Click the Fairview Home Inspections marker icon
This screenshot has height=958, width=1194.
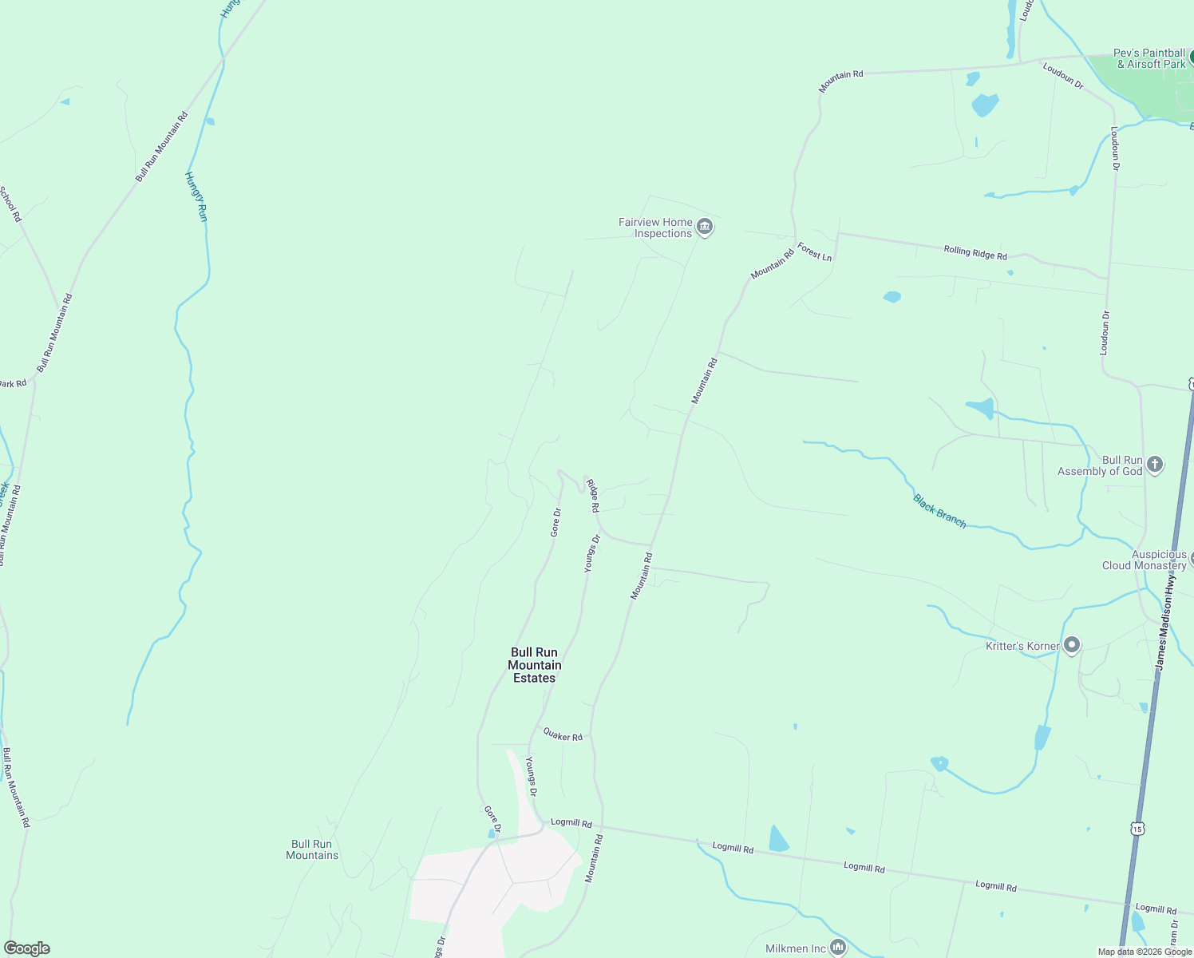click(705, 228)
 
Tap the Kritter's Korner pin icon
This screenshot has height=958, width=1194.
click(1072, 645)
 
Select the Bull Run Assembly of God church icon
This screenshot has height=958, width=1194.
click(1154, 465)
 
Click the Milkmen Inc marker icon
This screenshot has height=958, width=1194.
click(837, 948)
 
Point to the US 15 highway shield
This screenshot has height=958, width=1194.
click(1137, 829)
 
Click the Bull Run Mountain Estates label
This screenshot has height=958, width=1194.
click(535, 665)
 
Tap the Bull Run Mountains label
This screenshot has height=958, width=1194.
click(312, 849)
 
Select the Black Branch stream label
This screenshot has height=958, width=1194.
click(939, 511)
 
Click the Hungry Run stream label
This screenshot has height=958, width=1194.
click(196, 196)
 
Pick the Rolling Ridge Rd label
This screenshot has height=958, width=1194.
click(975, 252)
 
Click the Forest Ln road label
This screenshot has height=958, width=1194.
click(814, 252)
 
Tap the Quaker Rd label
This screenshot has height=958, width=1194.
click(563, 734)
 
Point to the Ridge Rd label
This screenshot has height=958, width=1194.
click(593, 495)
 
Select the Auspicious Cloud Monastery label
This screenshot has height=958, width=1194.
click(1144, 560)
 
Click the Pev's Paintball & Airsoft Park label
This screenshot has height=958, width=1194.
click(1149, 58)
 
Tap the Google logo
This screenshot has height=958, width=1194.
click(26, 948)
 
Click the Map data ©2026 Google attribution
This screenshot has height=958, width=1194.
click(1145, 952)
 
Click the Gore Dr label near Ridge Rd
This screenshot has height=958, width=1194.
click(556, 522)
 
